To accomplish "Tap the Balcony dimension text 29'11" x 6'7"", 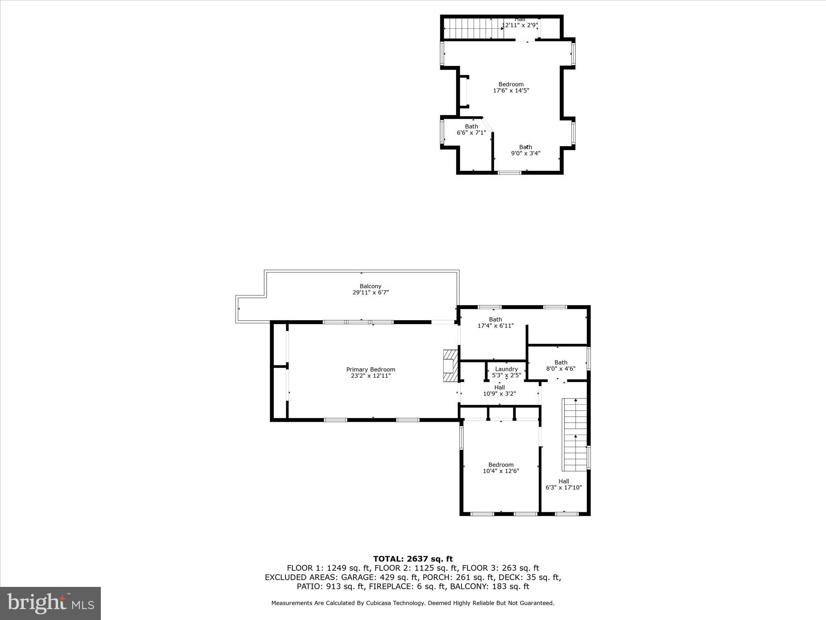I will pyautogui.click(x=370, y=293).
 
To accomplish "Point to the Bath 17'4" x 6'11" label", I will pyautogui.click(x=495, y=323).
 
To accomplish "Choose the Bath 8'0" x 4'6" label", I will pyautogui.click(x=561, y=365).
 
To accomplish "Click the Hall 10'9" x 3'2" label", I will pyautogui.click(x=499, y=390).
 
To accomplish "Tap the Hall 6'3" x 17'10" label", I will pyautogui.click(x=563, y=484).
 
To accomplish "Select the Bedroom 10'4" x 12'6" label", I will pyautogui.click(x=501, y=468).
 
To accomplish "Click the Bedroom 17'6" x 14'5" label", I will pyautogui.click(x=511, y=88).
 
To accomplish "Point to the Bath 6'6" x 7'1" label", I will pyautogui.click(x=471, y=130).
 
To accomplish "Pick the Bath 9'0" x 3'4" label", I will pyautogui.click(x=525, y=150).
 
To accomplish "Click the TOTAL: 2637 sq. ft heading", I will pyautogui.click(x=413, y=559).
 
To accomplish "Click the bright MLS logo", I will pyautogui.click(x=50, y=603).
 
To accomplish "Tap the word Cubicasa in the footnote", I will pyautogui.click(x=379, y=603).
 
